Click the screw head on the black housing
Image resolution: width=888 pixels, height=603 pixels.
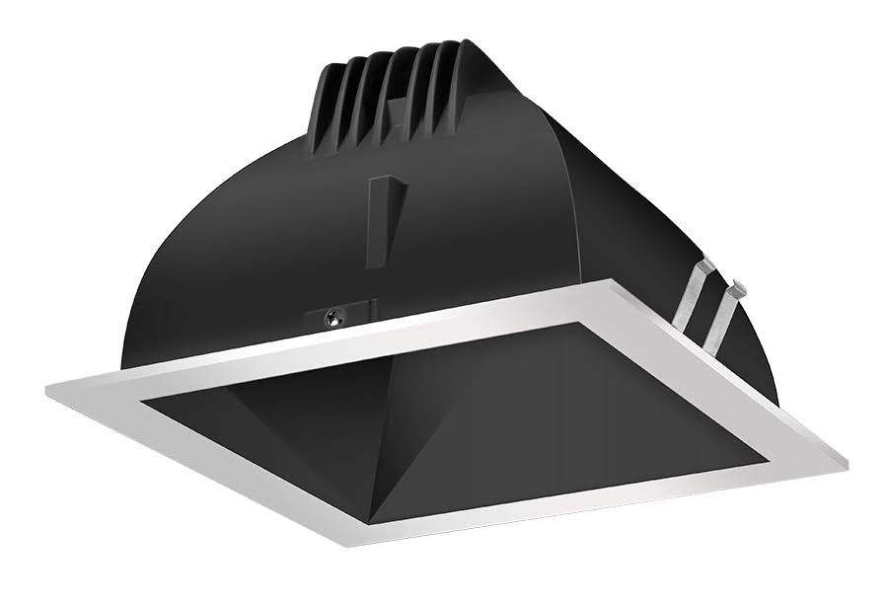[x=334, y=317]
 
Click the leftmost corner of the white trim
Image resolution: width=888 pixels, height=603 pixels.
[x=46, y=386]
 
